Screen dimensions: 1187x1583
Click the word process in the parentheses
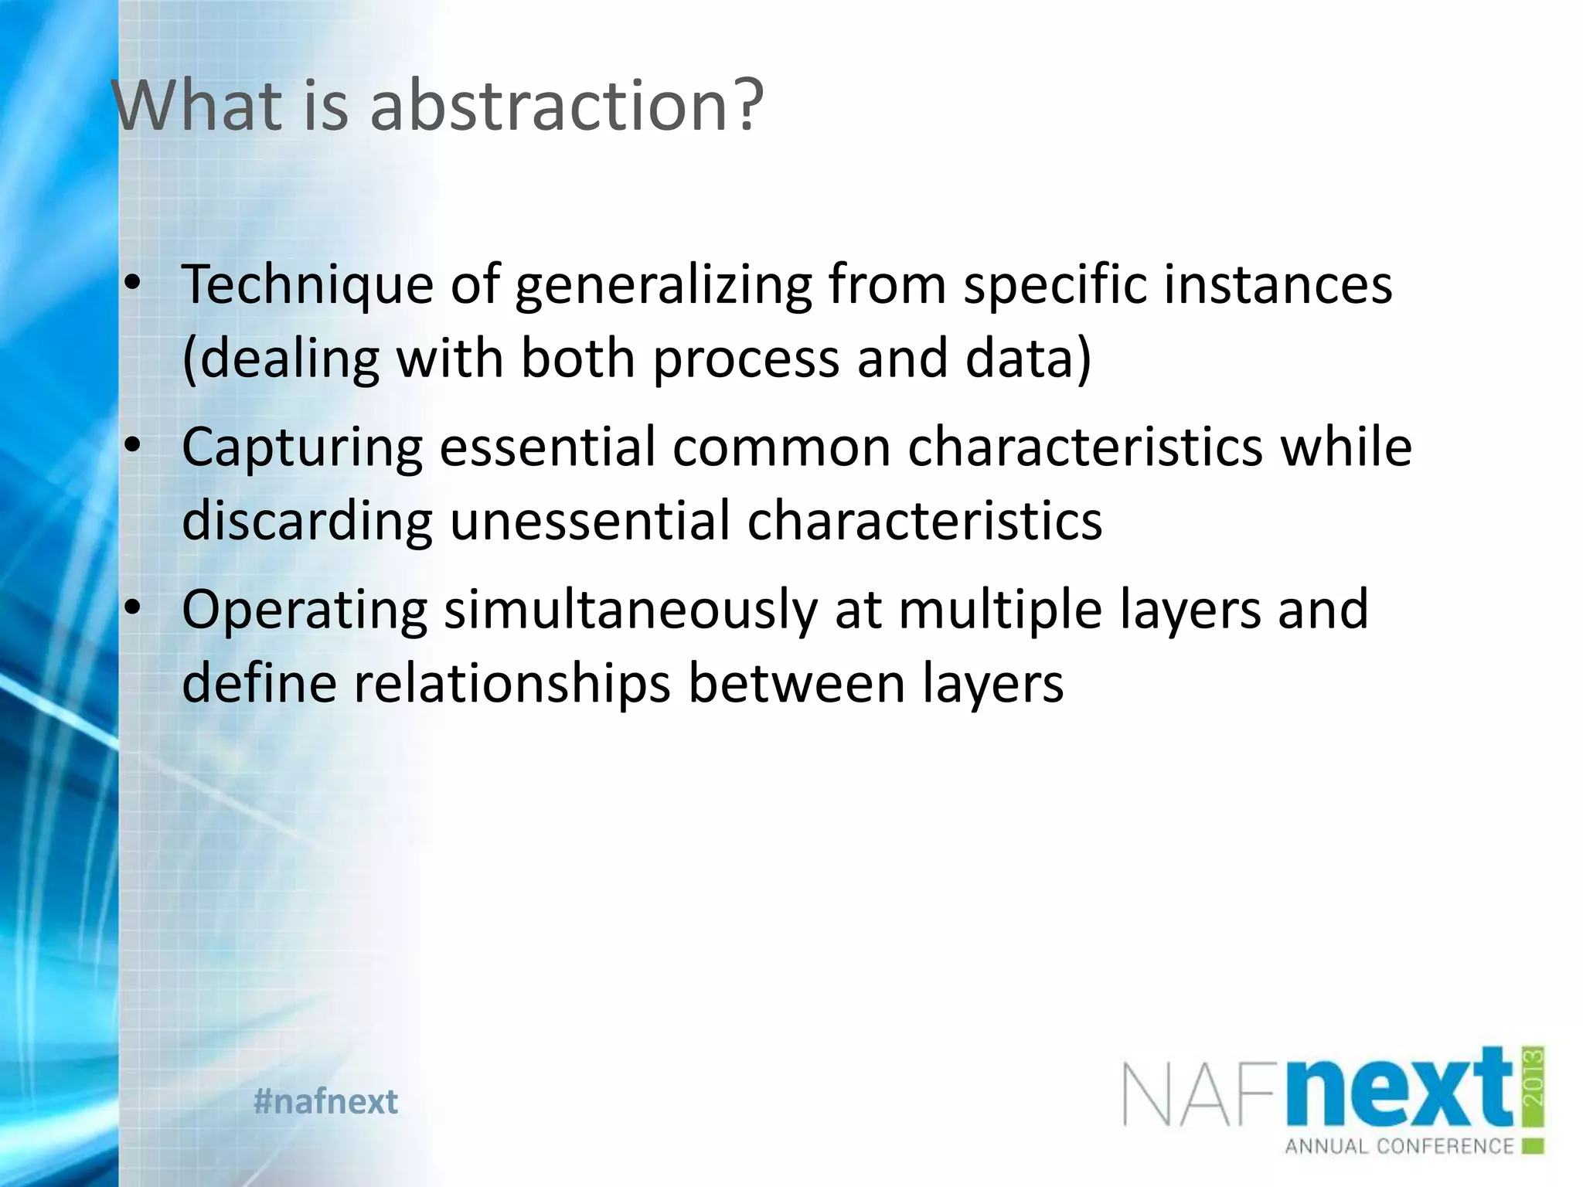coord(746,360)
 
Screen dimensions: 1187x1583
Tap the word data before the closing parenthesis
coord(1020,359)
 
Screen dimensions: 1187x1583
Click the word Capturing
coord(302,448)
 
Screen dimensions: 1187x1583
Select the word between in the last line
coord(796,683)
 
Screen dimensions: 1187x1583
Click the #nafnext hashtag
coord(325,1101)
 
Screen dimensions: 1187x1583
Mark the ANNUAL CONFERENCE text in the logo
coord(1399,1146)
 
